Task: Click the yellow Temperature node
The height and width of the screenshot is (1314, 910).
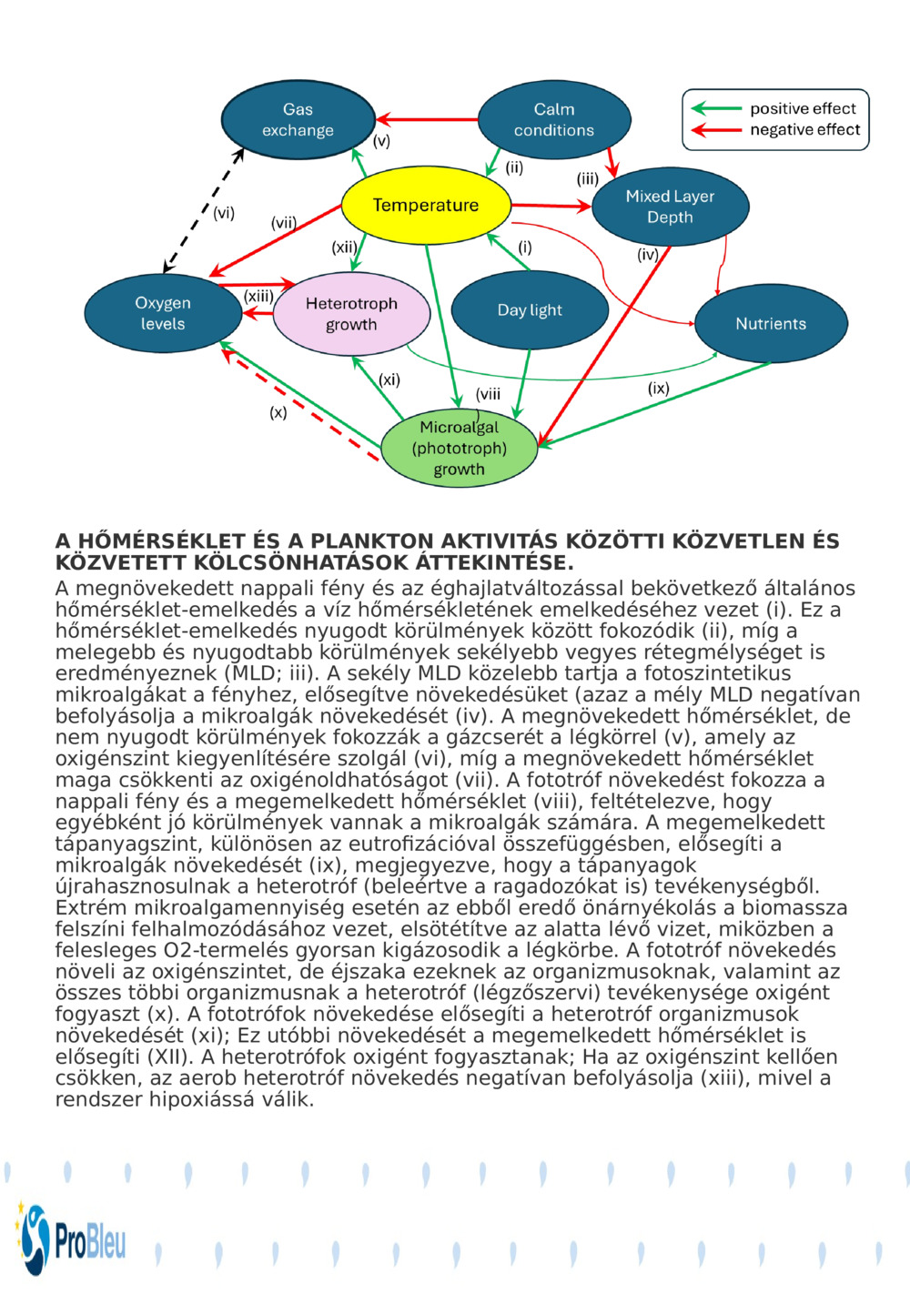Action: [425, 206]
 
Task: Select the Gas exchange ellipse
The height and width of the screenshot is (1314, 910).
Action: [298, 120]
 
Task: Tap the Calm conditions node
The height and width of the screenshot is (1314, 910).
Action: [553, 120]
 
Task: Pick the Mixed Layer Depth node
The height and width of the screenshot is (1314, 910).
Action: [670, 207]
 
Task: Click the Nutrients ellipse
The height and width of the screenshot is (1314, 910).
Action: [771, 324]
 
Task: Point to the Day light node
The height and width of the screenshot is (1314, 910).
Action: [530, 310]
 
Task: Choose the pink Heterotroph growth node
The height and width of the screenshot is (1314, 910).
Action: [351, 314]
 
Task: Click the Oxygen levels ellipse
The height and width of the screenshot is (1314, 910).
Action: [163, 313]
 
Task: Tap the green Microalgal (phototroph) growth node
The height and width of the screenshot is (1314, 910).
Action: [459, 448]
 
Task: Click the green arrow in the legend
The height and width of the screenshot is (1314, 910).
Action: [716, 108]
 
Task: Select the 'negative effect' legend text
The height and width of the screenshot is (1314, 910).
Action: [804, 130]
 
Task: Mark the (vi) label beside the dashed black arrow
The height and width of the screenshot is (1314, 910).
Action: [224, 213]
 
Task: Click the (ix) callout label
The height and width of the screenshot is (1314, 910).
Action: [659, 389]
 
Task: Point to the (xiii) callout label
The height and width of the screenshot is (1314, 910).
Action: [259, 296]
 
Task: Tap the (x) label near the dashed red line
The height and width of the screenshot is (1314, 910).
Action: [278, 412]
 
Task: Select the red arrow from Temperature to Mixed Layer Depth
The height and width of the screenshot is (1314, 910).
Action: [551, 207]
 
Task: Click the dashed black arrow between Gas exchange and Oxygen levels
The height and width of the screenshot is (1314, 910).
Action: [204, 210]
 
